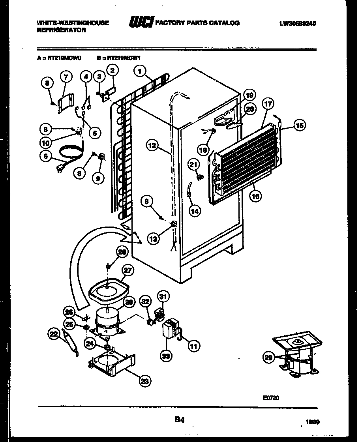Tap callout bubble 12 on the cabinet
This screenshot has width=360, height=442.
point(152,146)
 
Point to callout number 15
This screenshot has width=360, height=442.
point(300,125)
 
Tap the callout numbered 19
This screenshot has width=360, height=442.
point(249,95)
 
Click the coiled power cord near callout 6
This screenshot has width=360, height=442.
point(69,152)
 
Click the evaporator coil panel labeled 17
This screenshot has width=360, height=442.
point(243,154)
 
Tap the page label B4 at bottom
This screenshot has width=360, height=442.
point(180,420)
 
